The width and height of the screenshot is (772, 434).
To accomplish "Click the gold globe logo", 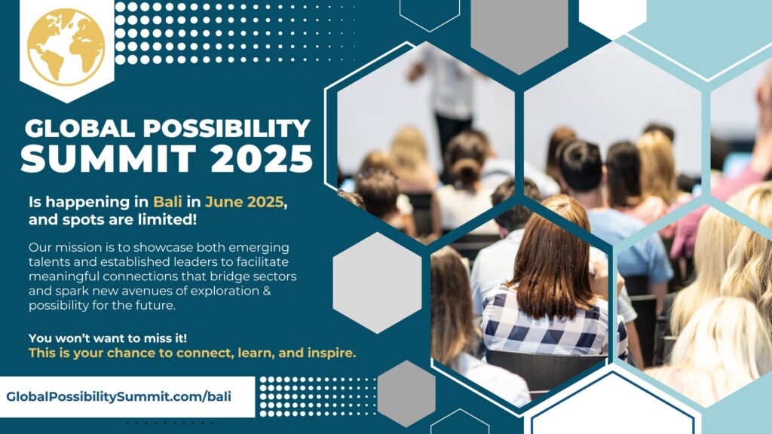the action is [66, 47].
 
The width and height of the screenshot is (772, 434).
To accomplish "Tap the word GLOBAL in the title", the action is [80, 128].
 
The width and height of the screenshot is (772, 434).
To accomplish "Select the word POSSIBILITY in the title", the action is [227, 128].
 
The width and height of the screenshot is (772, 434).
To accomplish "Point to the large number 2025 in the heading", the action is [262, 158].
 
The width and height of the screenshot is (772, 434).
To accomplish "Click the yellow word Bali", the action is [167, 202].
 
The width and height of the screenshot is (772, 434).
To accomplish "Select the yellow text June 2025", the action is [244, 202].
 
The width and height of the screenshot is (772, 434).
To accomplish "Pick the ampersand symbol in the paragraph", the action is [266, 291].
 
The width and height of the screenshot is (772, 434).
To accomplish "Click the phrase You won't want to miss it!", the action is [108, 338].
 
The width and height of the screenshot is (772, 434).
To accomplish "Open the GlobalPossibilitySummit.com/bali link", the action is [118, 396].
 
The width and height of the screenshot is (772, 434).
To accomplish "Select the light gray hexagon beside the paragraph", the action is [377, 283].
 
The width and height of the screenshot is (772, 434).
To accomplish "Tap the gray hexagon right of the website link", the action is [406, 393].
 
